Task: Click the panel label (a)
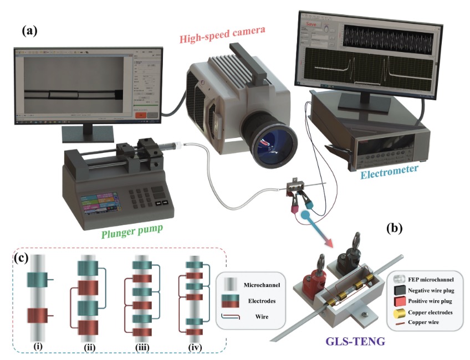point(29,31)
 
